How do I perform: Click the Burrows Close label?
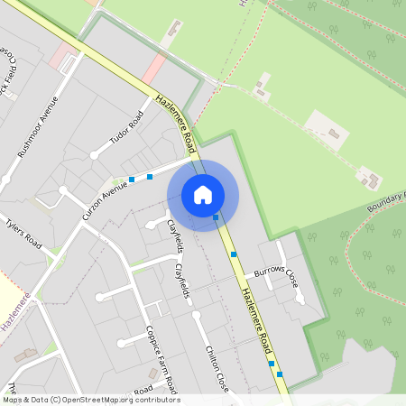click(x=276, y=272)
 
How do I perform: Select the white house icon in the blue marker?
click(x=203, y=194)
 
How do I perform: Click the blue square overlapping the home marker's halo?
click(x=216, y=217)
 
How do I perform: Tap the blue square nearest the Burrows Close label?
click(x=234, y=254)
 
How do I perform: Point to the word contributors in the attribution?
click(x=155, y=400)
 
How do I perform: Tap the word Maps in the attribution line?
click(x=13, y=400)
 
